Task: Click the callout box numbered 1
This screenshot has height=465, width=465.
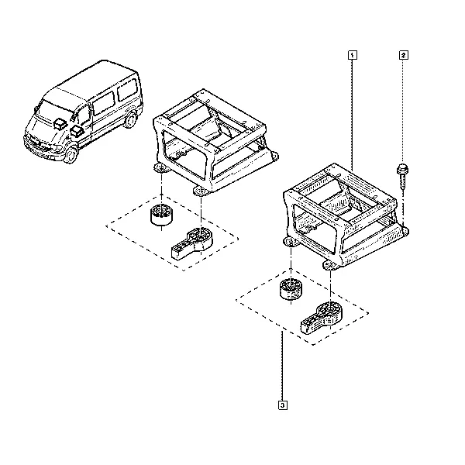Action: [352, 55]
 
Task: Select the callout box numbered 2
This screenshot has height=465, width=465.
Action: [403, 55]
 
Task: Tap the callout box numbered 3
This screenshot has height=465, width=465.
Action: [283, 405]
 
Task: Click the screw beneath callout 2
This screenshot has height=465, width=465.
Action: [402, 177]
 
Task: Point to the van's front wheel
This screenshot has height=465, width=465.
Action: [71, 154]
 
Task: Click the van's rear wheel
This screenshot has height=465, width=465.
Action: [130, 119]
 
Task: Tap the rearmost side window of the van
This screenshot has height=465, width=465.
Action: [126, 90]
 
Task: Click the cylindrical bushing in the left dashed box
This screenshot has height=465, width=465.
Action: [161, 215]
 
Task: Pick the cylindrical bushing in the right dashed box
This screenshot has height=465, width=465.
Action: [291, 289]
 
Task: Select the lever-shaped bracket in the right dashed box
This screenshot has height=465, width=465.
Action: [321, 317]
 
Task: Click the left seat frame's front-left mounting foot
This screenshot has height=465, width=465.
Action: [161, 169]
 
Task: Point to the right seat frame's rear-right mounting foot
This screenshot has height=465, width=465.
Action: [405, 231]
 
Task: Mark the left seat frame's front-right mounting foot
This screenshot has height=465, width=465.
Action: [201, 191]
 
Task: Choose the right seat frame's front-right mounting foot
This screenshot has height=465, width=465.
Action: [331, 265]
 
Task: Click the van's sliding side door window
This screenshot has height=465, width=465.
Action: [104, 103]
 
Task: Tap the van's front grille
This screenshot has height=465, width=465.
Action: [37, 143]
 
